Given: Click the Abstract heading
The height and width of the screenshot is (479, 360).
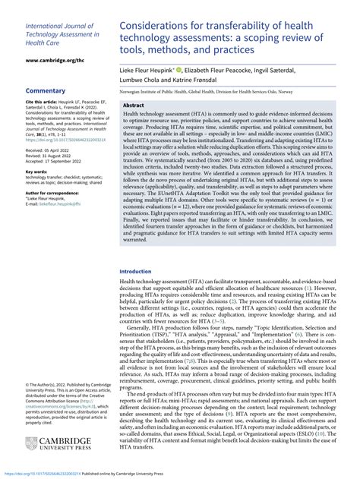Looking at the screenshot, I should tap(134, 106).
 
